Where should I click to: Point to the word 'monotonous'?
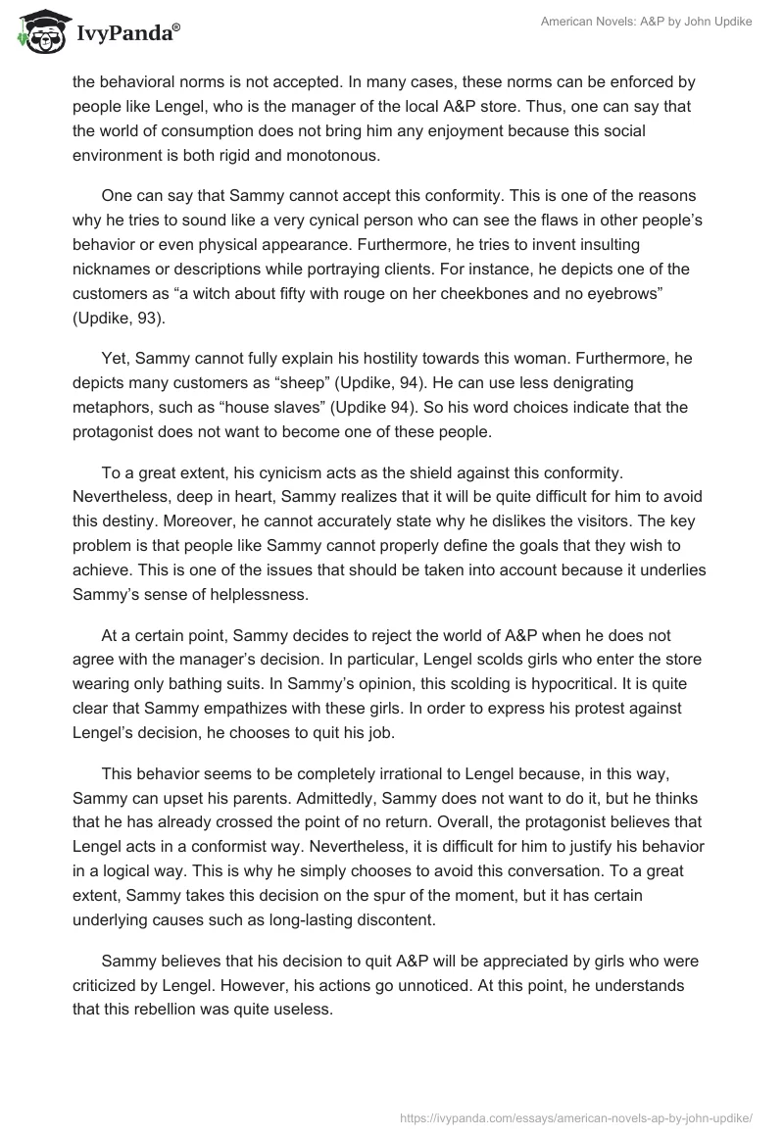328,154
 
